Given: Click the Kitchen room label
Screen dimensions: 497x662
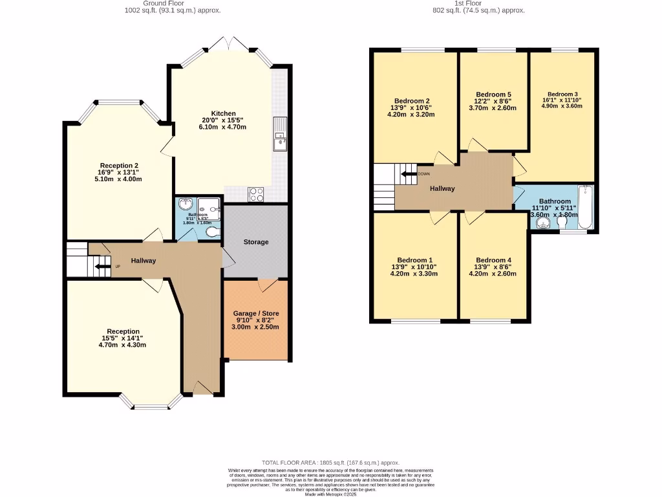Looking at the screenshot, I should click(223, 113).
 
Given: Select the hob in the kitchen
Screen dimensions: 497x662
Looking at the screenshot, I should click(255, 193).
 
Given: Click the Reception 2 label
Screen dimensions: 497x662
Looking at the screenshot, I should click(119, 165).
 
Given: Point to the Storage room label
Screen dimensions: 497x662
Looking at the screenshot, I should click(256, 242).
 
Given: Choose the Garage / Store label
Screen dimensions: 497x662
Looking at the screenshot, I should click(256, 313).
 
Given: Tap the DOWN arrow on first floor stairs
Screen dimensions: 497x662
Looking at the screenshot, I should click(409, 173).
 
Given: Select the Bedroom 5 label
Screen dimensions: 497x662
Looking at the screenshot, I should click(493, 94).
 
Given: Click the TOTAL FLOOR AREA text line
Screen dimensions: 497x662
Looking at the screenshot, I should click(330, 462).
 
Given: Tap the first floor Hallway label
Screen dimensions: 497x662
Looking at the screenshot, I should click(443, 188).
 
